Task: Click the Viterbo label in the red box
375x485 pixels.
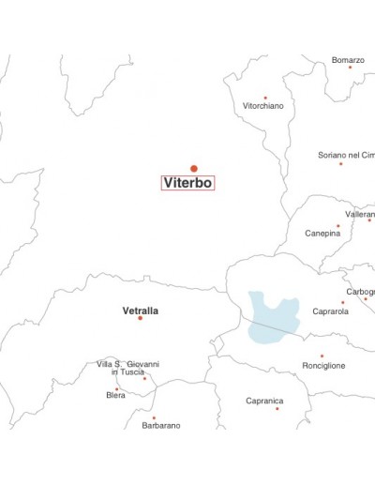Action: (188, 183)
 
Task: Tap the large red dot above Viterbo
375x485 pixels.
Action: (194, 169)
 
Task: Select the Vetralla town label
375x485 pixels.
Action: (141, 311)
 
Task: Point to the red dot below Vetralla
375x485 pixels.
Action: (141, 319)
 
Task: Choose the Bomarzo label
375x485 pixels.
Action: (348, 60)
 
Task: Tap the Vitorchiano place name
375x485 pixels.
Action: (263, 106)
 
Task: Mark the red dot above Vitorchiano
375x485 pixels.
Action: (265, 97)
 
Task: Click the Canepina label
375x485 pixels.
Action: (322, 233)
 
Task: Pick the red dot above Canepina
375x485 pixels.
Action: (338, 225)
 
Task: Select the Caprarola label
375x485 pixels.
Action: (330, 311)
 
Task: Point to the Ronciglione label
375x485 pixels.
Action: (323, 365)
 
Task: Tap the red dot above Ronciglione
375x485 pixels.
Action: (322, 356)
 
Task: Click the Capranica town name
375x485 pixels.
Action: (264, 401)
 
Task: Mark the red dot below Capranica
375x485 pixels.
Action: (277, 408)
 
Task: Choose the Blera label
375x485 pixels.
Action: (115, 395)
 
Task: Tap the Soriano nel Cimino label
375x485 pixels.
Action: (346, 155)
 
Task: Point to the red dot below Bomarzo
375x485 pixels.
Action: (350, 68)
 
